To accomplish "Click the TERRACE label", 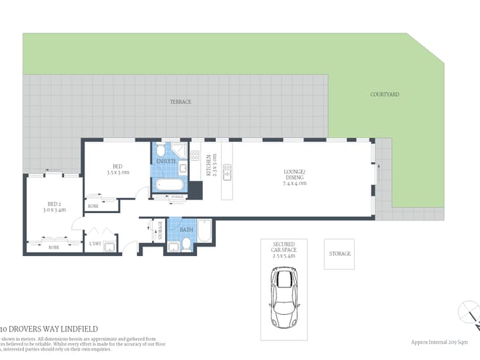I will coord(180,102).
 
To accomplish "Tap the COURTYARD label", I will coord(384,95).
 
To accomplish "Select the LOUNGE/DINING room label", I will coord(295,177).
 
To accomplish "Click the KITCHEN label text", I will coord(209,165).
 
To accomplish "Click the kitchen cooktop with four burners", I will coord(195,154).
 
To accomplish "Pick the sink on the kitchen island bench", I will coord(227,172).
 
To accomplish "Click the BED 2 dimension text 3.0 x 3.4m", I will coord(57,209).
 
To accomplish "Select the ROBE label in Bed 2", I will coord(54,247).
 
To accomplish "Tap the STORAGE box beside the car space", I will coord(340,254).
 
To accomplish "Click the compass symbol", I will coord(470,313).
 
